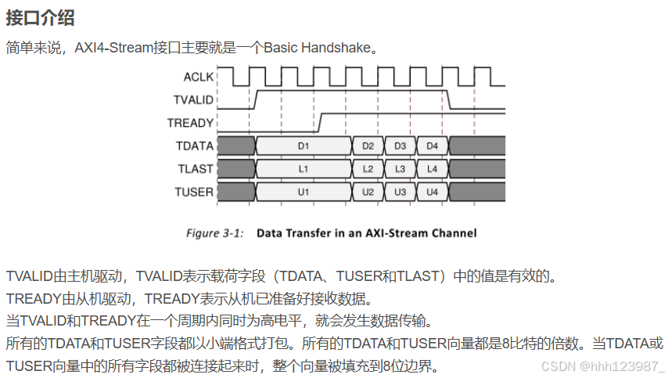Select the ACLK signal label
click(198, 77)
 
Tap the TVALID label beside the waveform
click(193, 99)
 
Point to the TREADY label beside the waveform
click(190, 123)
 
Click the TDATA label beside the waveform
click(194, 146)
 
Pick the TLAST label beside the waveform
click(195, 168)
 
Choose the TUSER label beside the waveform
click(194, 192)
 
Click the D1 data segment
click(303, 146)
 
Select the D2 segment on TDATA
click(368, 146)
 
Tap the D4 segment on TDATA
click(432, 146)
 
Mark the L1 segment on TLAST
click(303, 168)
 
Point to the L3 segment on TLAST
click(400, 168)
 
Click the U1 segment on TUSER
click(303, 192)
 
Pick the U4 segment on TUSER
click(432, 192)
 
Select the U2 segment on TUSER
click(368, 192)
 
